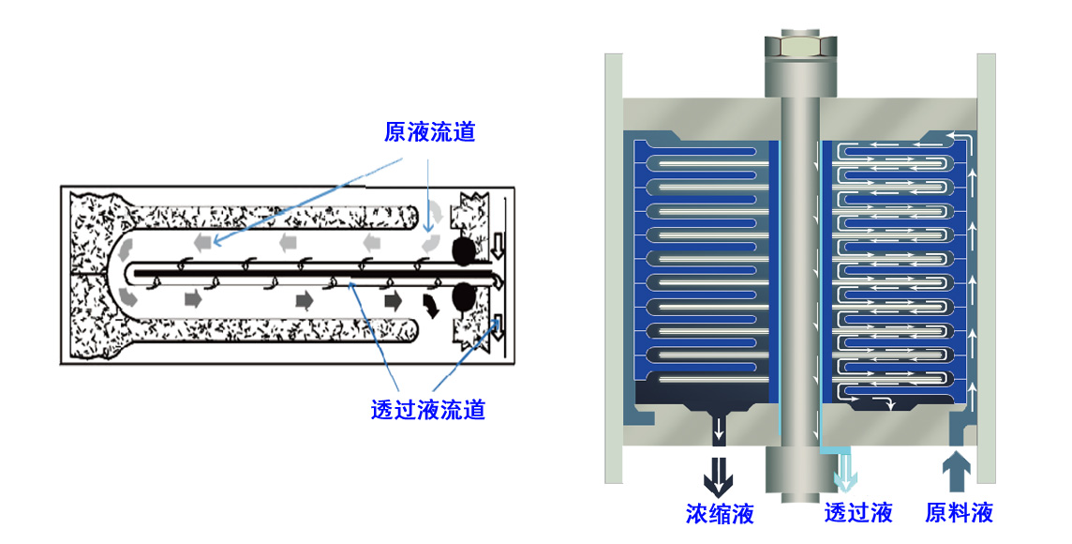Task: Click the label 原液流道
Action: (x=429, y=131)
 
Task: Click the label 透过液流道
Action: (x=428, y=409)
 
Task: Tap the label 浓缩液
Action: (x=720, y=513)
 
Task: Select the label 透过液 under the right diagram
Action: (x=858, y=513)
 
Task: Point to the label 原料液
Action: (x=960, y=513)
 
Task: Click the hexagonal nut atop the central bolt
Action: (x=800, y=46)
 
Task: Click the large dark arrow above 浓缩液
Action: (x=719, y=477)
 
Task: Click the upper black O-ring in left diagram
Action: (x=464, y=251)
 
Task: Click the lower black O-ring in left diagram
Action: (x=464, y=296)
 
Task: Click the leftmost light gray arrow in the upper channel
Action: (x=202, y=241)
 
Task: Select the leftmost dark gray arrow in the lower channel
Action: (x=193, y=299)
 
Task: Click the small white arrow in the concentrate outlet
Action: (x=719, y=430)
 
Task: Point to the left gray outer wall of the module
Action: (x=614, y=268)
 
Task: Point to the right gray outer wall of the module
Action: (x=987, y=268)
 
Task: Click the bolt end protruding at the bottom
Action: (x=800, y=475)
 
